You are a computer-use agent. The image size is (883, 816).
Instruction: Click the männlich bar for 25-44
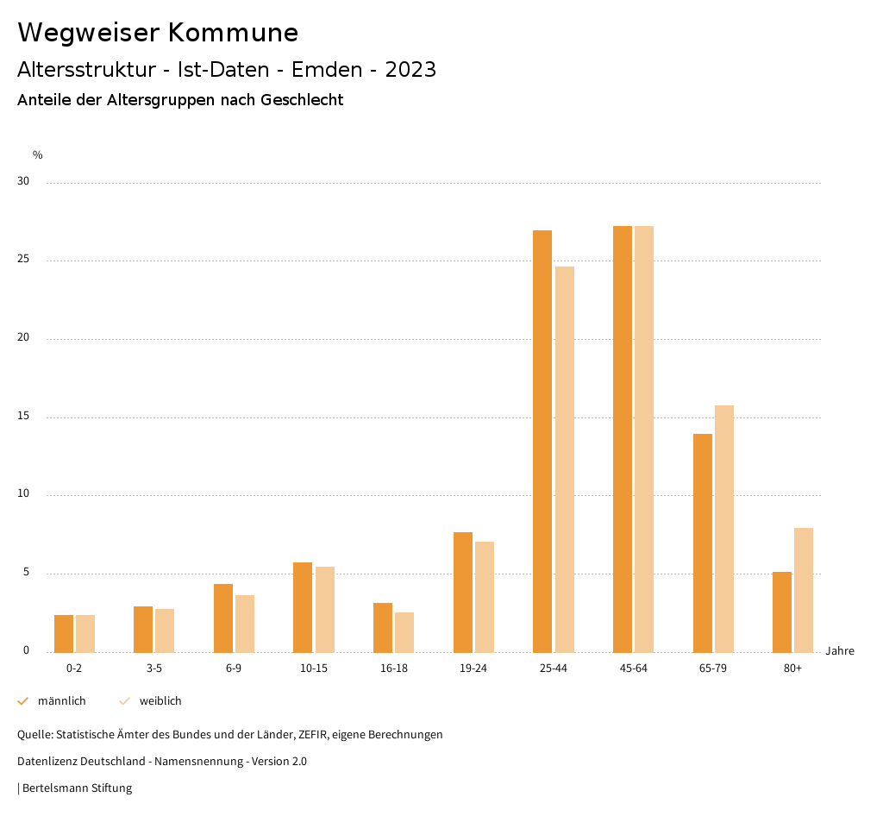(x=542, y=441)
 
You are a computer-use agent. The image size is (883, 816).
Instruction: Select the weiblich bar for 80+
(x=804, y=590)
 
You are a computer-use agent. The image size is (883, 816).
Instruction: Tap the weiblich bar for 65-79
(x=724, y=529)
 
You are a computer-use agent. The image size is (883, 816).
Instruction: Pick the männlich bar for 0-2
(x=64, y=633)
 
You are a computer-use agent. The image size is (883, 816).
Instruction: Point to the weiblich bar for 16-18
(x=404, y=632)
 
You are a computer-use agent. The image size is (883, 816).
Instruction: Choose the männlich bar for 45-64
(x=623, y=439)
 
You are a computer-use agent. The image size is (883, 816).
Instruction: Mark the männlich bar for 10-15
(x=303, y=607)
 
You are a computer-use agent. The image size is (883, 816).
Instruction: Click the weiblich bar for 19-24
(x=485, y=597)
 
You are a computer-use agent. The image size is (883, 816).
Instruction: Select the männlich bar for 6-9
(x=223, y=618)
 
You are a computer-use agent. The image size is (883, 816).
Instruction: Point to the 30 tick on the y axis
(x=23, y=182)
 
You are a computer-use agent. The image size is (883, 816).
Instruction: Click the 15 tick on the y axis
(x=23, y=417)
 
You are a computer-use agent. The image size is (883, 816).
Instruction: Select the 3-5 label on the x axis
(x=154, y=668)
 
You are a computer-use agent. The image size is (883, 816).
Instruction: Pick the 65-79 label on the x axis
(x=713, y=668)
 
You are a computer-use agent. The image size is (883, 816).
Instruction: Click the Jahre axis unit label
(x=840, y=651)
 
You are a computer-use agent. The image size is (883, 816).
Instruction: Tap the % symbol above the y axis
(x=38, y=155)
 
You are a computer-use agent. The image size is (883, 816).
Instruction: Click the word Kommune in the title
(x=233, y=33)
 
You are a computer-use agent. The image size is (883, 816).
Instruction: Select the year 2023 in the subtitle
(x=410, y=70)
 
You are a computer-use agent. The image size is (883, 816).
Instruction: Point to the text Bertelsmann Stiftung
(x=77, y=788)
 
